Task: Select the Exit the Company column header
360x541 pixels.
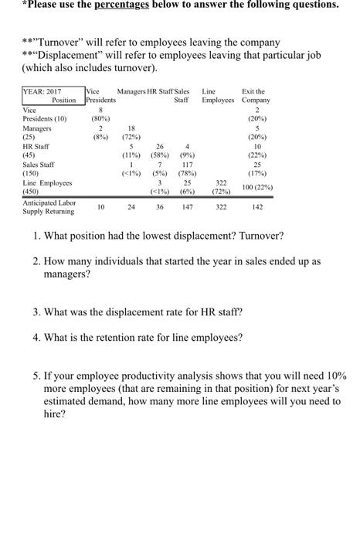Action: (x=255, y=96)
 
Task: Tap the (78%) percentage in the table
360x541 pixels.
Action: (x=187, y=174)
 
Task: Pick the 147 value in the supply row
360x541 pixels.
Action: (x=187, y=207)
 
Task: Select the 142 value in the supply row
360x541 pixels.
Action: (x=256, y=207)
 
